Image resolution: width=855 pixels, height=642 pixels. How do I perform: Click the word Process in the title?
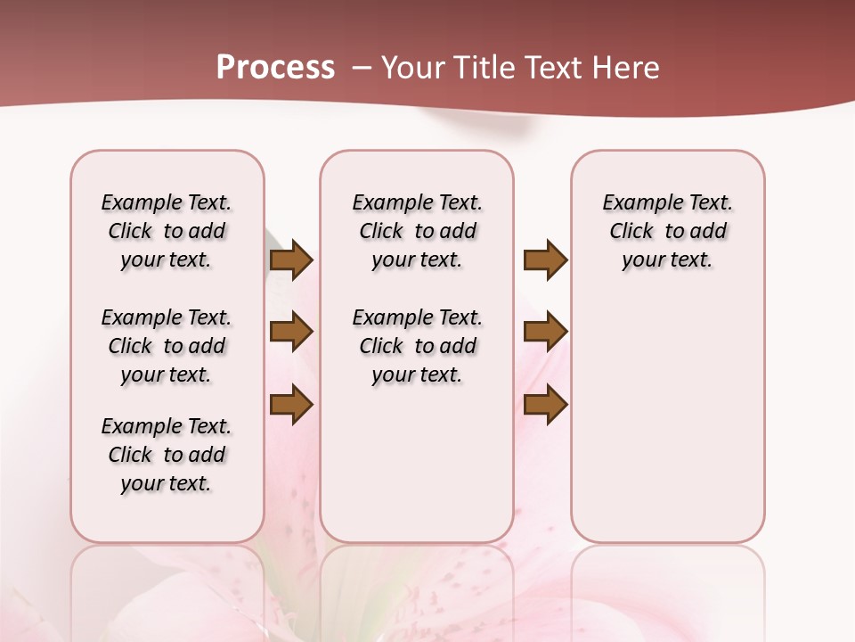coord(275,67)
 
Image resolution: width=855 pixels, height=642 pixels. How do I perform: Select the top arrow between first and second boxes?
coord(291,259)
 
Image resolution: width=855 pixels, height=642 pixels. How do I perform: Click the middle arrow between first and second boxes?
coord(291,332)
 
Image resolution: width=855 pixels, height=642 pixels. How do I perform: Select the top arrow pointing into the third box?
coord(545,259)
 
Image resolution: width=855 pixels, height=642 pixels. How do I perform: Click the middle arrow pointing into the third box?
coord(545,332)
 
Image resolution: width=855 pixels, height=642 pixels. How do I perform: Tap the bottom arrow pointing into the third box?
coord(545,404)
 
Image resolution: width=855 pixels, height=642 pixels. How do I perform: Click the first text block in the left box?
coord(167,231)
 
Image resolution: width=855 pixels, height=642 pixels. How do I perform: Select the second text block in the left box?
coord(167,346)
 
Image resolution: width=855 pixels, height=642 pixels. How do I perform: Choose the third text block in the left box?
coord(167,455)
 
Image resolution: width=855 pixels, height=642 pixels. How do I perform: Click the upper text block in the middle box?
coord(417,231)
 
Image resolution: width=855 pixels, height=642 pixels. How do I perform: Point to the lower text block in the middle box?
coord(417,346)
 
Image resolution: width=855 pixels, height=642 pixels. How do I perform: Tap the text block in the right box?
coord(667,231)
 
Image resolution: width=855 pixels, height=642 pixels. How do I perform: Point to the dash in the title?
coord(362,68)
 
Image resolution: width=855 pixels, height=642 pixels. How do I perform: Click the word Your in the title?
coord(413,68)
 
